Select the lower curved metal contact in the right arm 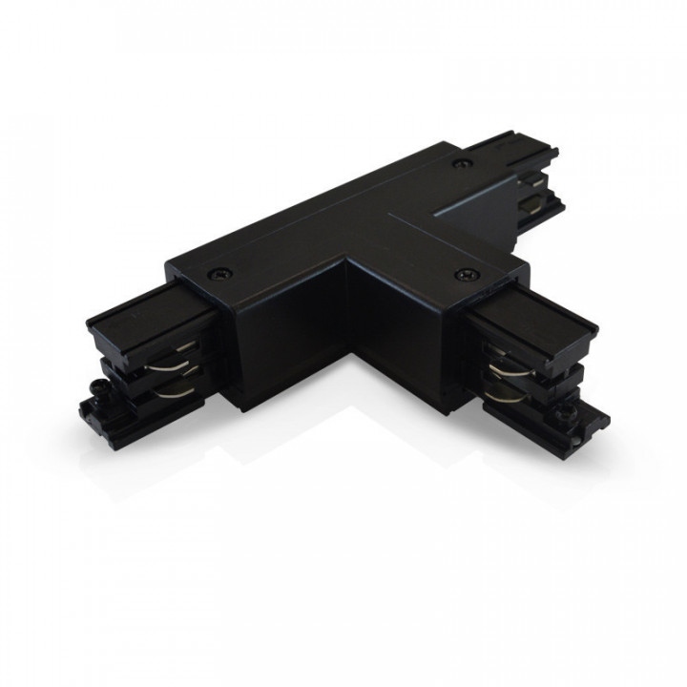502,389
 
